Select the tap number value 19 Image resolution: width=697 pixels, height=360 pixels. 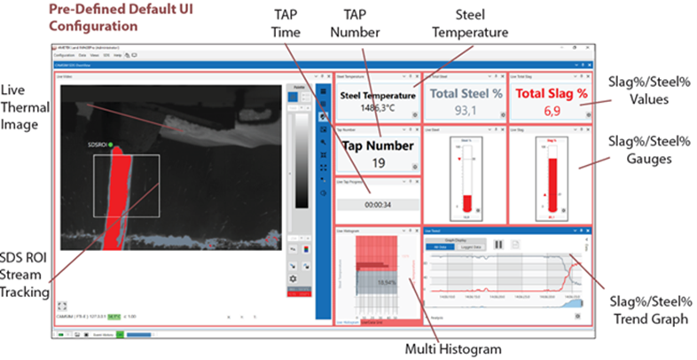(x=379, y=162)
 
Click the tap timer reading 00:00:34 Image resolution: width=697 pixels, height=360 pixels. (x=379, y=204)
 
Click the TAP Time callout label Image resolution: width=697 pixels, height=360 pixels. (x=286, y=26)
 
